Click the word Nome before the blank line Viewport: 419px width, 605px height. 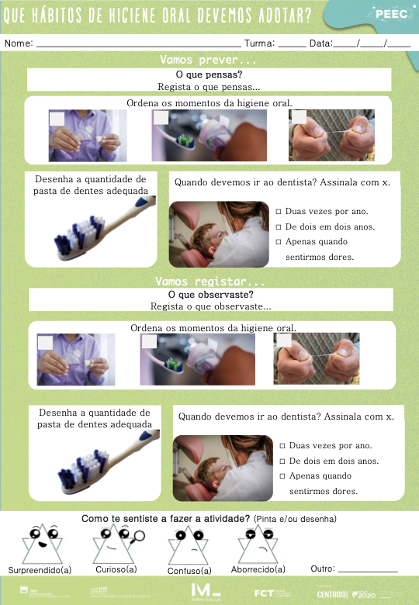(18, 43)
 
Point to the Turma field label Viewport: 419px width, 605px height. (259, 43)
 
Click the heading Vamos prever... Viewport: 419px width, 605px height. (207, 60)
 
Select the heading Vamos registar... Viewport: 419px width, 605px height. (210, 281)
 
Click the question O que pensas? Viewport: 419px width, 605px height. (209, 74)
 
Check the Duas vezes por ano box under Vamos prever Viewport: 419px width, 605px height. (279, 212)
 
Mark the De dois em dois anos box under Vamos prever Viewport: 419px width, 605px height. (279, 227)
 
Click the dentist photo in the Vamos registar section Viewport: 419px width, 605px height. (221, 468)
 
